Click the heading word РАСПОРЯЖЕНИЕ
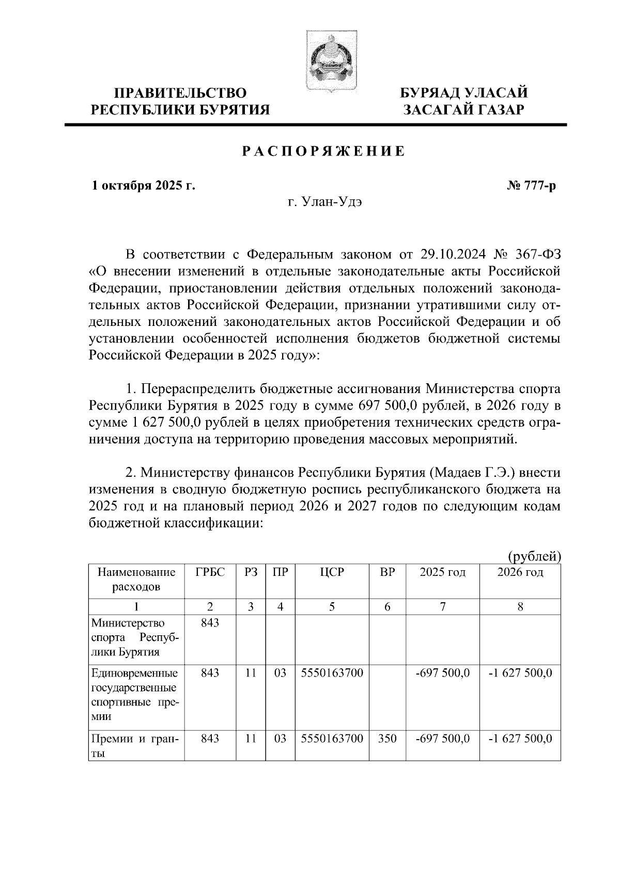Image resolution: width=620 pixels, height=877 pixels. tap(324, 152)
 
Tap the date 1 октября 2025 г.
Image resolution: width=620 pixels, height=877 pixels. tap(144, 186)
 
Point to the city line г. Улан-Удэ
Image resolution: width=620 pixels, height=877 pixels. tap(324, 202)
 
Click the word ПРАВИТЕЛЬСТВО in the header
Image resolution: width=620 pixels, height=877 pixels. tap(180, 93)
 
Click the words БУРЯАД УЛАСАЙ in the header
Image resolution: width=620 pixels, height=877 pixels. tap(464, 93)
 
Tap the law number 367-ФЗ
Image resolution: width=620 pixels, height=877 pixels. tap(537, 255)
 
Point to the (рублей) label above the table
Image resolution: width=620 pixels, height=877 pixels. tap(534, 556)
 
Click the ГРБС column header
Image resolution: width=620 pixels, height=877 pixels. tap(210, 572)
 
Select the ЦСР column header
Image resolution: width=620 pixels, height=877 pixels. tap(332, 572)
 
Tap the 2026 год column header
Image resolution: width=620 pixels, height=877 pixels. tap(520, 572)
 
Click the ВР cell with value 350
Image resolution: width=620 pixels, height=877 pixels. tap(387, 739)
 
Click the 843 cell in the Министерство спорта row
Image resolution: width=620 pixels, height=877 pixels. tap(210, 623)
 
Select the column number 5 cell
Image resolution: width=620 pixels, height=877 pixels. tap(332, 607)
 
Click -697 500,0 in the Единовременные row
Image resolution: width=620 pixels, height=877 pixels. tap(442, 673)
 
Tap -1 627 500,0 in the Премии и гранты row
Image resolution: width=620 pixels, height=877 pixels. tap(520, 739)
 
